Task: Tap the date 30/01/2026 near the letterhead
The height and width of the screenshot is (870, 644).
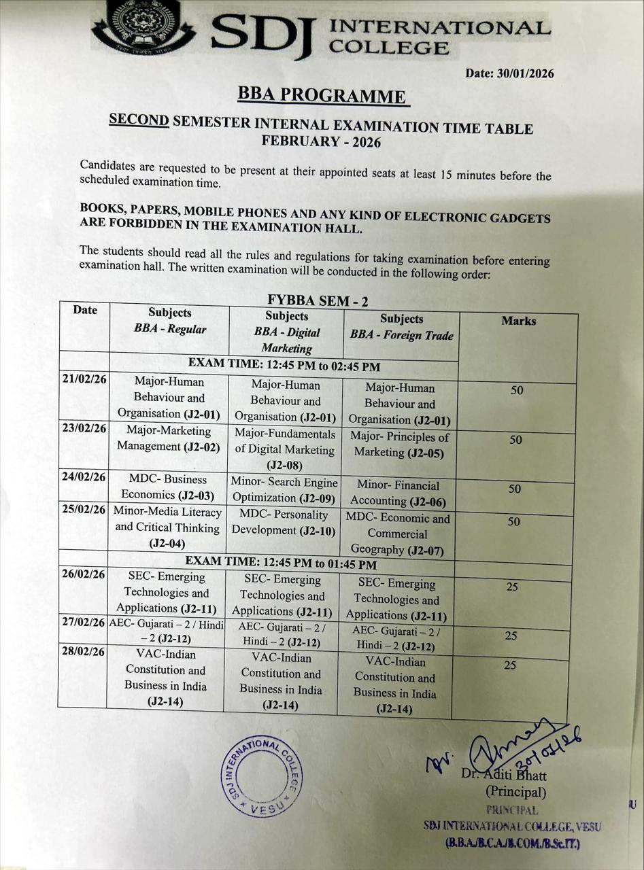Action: click(509, 73)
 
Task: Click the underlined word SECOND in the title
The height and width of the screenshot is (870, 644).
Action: click(139, 120)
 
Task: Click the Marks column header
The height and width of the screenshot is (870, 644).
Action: click(518, 321)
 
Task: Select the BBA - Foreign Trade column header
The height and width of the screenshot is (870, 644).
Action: click(401, 327)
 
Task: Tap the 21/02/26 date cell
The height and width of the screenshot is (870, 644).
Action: click(84, 380)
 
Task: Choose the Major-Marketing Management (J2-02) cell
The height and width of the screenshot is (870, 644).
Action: click(169, 438)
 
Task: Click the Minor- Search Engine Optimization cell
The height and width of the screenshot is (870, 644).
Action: click(284, 490)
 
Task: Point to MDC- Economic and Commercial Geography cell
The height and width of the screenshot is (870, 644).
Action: click(398, 534)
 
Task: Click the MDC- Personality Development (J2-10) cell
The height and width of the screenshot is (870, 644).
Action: click(284, 523)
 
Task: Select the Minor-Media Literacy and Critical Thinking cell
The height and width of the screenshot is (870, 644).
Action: click(167, 527)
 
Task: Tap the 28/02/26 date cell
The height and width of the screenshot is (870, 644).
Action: click(83, 652)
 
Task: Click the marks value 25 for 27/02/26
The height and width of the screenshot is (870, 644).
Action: click(511, 636)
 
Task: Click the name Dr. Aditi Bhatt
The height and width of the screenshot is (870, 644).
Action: click(504, 775)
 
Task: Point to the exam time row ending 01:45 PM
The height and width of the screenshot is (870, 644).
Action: click(282, 563)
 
